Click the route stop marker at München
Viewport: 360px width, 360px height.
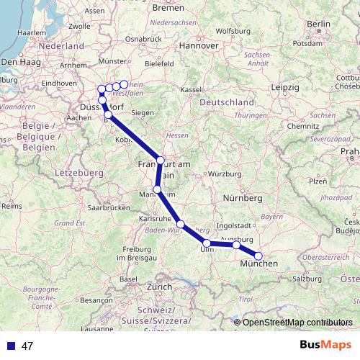click(x=258, y=256)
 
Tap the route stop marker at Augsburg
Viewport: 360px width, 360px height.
click(x=236, y=246)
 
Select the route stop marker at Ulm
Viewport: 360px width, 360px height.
click(x=207, y=243)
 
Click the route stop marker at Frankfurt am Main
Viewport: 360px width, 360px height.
click(x=161, y=160)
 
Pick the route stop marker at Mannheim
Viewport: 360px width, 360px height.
click(x=157, y=189)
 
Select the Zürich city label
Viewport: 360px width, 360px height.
click(x=159, y=287)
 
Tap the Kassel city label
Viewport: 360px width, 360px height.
click(x=190, y=89)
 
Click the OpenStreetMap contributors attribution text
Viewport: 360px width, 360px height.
click(x=297, y=323)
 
